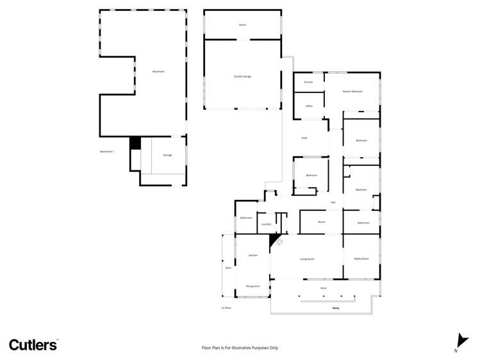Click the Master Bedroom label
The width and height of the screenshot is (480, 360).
352,92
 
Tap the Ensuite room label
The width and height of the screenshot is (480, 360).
308,82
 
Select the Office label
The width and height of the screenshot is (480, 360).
308,106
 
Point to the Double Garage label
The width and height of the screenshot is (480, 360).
242,76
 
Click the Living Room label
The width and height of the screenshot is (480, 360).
306,259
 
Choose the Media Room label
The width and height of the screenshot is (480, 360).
361,259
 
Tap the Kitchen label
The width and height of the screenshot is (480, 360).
252,255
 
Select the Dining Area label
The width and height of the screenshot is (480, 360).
252,286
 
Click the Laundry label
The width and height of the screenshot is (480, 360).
266,224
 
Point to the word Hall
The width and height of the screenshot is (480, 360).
333,202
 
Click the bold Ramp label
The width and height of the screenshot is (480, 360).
335,308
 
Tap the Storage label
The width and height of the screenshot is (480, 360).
167,155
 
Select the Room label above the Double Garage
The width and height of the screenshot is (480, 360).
242,24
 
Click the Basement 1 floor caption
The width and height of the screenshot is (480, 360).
106,151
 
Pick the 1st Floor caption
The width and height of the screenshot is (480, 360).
226,308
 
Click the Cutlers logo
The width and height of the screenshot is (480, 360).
33,345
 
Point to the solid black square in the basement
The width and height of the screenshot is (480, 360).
135,143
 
